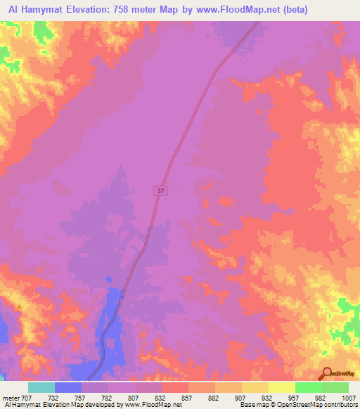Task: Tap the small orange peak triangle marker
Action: point(20,306)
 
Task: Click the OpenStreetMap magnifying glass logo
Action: point(326,374)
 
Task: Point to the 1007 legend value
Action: point(349,397)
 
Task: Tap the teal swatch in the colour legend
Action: point(41,387)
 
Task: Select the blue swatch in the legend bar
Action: point(68,387)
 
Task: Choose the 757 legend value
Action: point(82,397)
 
